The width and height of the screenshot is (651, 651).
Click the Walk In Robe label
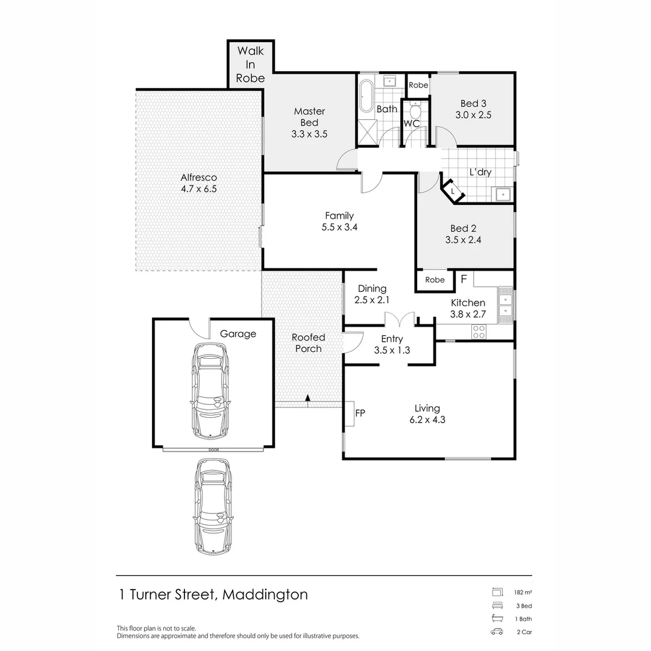tap(250, 64)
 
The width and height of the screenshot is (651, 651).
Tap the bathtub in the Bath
tap(366, 95)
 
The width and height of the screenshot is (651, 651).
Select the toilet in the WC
tap(414, 112)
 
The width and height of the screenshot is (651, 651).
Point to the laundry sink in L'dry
tap(501, 194)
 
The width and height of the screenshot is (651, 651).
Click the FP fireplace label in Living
tap(360, 413)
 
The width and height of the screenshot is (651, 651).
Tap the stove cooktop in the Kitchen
tap(479, 331)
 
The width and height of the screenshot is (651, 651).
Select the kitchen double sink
tap(505, 304)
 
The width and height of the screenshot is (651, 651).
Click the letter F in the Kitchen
tap(464, 279)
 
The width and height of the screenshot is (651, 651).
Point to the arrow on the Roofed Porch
tap(307, 398)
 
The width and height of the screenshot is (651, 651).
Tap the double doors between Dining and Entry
tap(399, 318)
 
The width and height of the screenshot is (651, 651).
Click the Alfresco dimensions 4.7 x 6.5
tap(198, 189)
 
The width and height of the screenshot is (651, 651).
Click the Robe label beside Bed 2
tap(435, 280)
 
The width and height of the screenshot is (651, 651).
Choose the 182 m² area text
tap(523, 592)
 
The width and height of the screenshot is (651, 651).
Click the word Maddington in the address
tap(265, 594)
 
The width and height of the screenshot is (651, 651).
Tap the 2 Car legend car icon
tap(497, 632)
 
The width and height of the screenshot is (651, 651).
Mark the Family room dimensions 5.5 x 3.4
tap(339, 227)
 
